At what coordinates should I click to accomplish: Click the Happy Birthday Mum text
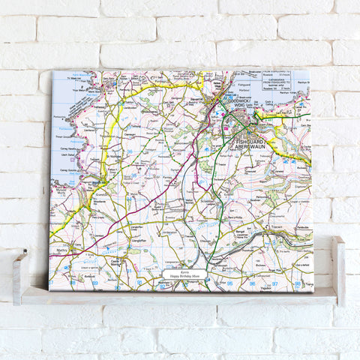click(x=185, y=277)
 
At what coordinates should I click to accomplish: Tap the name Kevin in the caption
click(x=185, y=271)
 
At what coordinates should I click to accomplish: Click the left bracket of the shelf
click(x=19, y=277)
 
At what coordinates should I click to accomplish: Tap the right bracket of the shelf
click(x=338, y=270)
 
